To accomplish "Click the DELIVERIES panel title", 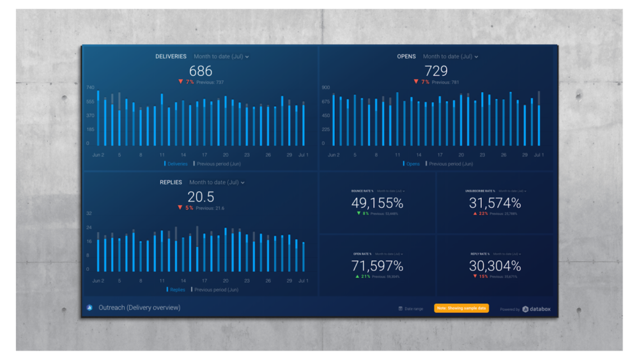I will (x=171, y=56).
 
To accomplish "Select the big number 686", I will (x=200, y=71).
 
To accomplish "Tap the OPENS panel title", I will (x=406, y=56).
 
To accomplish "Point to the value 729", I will (x=436, y=71).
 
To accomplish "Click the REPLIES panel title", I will (x=171, y=182).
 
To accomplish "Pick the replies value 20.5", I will (x=201, y=197).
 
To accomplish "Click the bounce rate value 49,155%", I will (x=377, y=203).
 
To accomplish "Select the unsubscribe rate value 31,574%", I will (x=494, y=203).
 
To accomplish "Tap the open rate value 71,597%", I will (x=377, y=265).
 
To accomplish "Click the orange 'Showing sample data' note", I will (x=461, y=308).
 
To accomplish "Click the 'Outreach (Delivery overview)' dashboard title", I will (x=139, y=308).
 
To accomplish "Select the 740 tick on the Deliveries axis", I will (x=91, y=87).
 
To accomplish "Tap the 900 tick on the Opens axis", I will (x=326, y=87).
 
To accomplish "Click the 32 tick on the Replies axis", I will (x=89, y=213).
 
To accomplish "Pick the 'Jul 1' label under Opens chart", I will (x=539, y=155).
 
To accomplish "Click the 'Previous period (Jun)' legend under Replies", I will (x=215, y=290).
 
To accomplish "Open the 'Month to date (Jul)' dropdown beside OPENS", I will (x=450, y=56).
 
